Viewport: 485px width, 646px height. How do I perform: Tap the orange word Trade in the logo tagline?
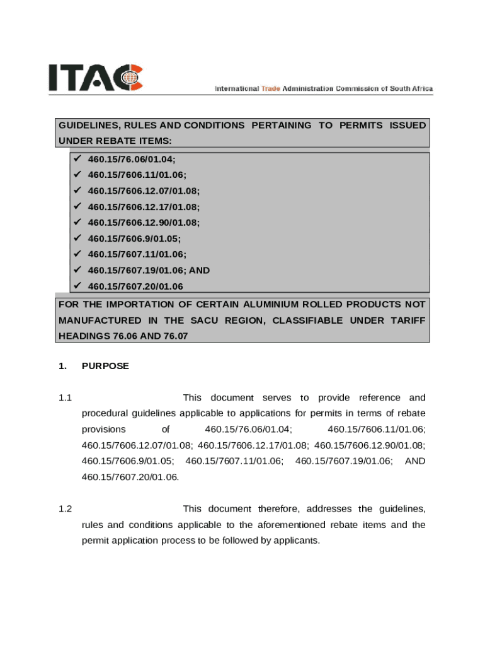click(271, 89)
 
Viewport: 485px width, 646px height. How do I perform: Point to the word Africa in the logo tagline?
click(419, 89)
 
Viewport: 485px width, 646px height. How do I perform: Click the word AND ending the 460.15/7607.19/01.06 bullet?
click(200, 270)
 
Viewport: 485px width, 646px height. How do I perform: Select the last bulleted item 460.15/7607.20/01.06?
click(135, 286)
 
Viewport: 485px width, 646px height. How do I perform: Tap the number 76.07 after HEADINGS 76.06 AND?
click(176, 336)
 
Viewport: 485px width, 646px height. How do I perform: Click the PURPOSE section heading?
click(105, 366)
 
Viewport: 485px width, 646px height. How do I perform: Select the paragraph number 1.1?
click(66, 398)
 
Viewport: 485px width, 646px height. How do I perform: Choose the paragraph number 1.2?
click(66, 509)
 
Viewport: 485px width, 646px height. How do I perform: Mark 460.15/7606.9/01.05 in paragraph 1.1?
click(128, 461)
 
